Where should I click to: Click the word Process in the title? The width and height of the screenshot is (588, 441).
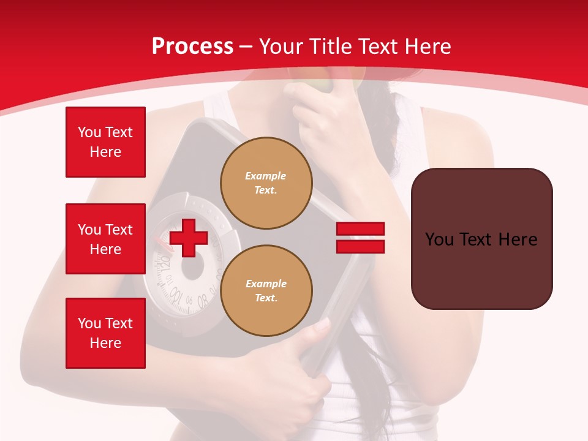click(x=192, y=46)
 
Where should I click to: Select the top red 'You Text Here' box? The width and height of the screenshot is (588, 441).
click(x=105, y=142)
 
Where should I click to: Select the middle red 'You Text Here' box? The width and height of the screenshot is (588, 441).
click(x=105, y=239)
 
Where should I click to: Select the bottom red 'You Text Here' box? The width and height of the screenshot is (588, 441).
click(x=105, y=333)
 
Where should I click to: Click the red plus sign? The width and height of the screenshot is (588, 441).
click(x=188, y=238)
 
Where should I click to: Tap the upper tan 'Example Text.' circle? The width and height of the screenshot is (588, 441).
click(x=266, y=183)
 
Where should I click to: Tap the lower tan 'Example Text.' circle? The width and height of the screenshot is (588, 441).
click(x=266, y=291)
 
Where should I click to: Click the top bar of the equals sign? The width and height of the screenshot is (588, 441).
click(x=360, y=228)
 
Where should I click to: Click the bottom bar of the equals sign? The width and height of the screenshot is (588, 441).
click(x=360, y=246)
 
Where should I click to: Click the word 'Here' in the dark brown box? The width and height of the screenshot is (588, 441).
click(x=518, y=239)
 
